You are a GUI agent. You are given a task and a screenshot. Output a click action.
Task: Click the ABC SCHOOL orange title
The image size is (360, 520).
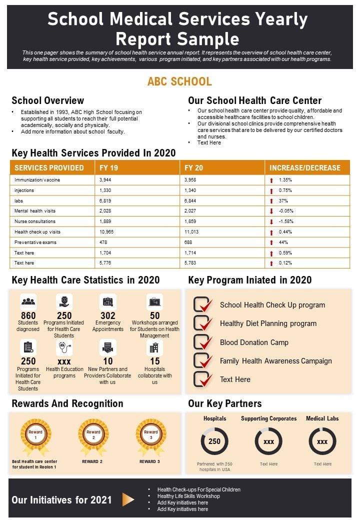pos(179,81)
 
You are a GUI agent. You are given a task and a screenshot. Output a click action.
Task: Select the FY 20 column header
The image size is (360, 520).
pos(194,168)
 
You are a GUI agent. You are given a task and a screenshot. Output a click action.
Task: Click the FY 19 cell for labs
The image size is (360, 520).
pos(105,200)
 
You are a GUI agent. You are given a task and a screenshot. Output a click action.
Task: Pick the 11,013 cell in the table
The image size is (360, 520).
pos(191,232)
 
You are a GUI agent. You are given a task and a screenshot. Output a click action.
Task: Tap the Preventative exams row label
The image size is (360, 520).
pos(35,242)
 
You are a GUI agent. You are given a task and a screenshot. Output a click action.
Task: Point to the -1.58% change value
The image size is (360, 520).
pos(286,221)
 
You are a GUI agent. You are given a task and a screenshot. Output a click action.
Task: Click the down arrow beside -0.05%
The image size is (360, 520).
pos(271,211)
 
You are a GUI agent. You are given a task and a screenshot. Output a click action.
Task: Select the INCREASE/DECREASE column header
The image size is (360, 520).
pos(305,168)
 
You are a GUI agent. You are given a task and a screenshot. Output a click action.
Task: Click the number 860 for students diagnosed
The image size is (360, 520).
pos(28,315)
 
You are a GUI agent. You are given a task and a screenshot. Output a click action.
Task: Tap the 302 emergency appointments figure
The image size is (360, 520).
pos(108,315)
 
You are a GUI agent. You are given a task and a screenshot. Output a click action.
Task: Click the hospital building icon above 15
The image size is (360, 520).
pos(154,347)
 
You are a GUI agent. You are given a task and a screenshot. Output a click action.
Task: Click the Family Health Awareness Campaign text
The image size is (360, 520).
pos(276,361)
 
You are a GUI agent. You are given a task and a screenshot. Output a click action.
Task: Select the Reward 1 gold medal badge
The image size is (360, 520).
pos(35,433)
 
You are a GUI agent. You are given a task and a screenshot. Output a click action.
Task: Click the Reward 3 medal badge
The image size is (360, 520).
pos(151,433)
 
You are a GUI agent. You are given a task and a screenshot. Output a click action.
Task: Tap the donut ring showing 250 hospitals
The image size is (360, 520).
pos(214,441)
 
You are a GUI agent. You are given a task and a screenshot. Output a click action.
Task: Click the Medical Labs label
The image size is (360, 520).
pos(322,418)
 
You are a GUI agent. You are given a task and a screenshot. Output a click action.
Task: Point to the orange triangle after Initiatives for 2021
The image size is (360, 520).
pos(128,499)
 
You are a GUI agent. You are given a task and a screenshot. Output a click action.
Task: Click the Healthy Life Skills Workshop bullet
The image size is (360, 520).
pos(188,496)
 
